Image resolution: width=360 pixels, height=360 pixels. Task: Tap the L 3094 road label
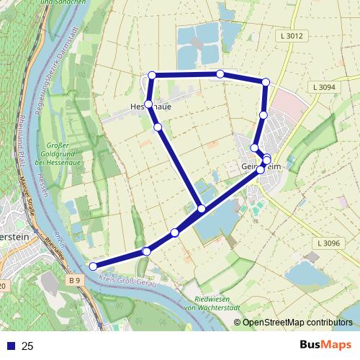pos(325,87)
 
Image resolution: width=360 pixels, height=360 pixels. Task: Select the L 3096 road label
pos(327,244)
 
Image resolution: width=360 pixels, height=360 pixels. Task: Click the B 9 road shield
pos(75,279)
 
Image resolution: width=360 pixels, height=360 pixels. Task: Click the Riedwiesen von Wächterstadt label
pos(215,303)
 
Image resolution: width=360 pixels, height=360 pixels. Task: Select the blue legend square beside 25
pos(9,346)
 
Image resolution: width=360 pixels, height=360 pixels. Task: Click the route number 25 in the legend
pos(28,346)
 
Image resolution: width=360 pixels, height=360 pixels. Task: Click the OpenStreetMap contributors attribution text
pos(297,323)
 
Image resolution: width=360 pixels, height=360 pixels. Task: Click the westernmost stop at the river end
pos(93,266)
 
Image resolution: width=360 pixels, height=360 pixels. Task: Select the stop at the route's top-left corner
pos(152,75)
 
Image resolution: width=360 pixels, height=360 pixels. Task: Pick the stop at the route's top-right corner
pos(265,82)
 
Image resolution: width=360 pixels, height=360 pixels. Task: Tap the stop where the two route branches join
pos(202,209)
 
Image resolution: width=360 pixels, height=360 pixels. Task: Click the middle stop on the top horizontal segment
pos(220,74)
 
